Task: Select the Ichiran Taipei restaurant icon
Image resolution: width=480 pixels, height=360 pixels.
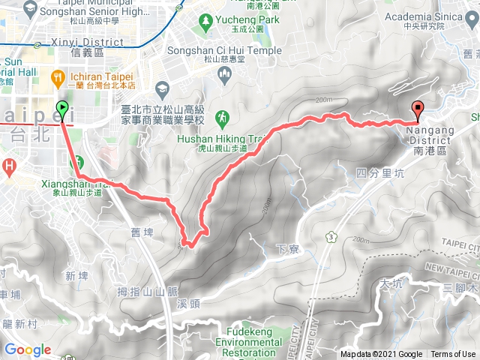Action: coord(58,76)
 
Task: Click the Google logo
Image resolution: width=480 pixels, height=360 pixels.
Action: coord(28,349)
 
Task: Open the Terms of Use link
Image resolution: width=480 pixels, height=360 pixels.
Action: coord(453,354)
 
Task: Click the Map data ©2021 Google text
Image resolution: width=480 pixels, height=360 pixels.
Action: coord(381,354)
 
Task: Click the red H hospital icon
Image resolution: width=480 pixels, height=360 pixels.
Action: coord(9,165)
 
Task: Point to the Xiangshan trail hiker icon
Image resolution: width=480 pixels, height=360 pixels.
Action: coord(77,162)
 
